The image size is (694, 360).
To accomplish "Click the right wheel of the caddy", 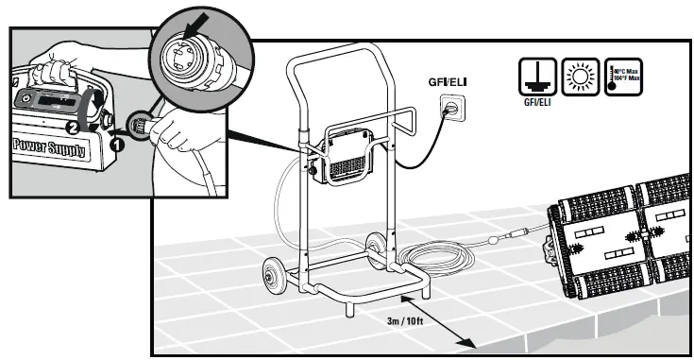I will (x=379, y=246).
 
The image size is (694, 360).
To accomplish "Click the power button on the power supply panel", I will (x=29, y=99).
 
